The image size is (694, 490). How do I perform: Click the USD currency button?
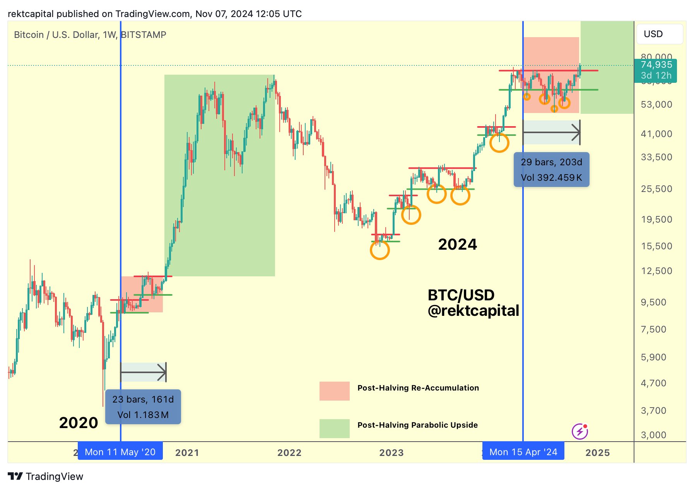point(659,34)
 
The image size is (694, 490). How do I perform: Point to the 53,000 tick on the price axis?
point(656,105)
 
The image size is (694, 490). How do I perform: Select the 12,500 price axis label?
point(656,271)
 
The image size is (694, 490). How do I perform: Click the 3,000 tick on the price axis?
point(653,435)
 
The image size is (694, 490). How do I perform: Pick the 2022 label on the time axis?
point(289,452)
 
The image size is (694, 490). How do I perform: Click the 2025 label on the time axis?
point(597,452)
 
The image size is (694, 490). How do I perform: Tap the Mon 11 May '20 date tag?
point(120,452)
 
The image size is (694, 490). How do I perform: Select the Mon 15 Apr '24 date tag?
point(523,452)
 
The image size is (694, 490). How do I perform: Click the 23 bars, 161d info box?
point(143,407)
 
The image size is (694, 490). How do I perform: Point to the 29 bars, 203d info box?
point(551,170)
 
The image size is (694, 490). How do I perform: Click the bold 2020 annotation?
point(79,423)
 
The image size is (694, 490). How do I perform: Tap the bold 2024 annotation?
point(457,244)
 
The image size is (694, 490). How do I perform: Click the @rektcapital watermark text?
point(473,310)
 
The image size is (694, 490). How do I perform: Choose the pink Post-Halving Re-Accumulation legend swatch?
point(334,391)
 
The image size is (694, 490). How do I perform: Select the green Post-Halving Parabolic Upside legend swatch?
point(334,428)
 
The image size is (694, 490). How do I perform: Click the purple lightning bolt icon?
point(579,431)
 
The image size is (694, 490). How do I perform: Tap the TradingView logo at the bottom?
point(46,476)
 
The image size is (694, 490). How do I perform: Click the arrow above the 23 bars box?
point(143,372)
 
